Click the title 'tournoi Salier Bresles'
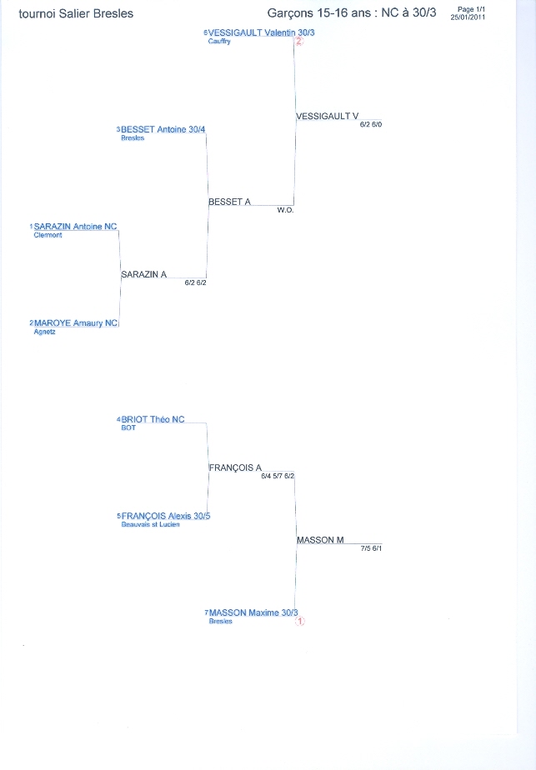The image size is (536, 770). click(x=76, y=13)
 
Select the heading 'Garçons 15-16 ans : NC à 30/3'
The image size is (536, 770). click(x=351, y=13)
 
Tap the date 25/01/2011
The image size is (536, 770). click(x=468, y=17)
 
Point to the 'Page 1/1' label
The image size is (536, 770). click(x=471, y=9)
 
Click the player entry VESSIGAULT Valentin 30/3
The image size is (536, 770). click(x=262, y=32)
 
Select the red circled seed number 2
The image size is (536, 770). click(x=298, y=42)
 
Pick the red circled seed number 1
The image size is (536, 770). click(x=300, y=621)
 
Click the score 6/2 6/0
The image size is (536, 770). click(x=371, y=125)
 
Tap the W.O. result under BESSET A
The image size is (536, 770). click(x=285, y=210)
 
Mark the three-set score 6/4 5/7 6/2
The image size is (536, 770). click(x=278, y=477)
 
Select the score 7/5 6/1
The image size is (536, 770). click(x=371, y=548)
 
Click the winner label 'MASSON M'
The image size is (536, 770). click(x=320, y=540)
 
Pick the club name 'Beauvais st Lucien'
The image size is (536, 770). click(x=150, y=524)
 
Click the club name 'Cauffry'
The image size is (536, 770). click(x=219, y=42)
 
